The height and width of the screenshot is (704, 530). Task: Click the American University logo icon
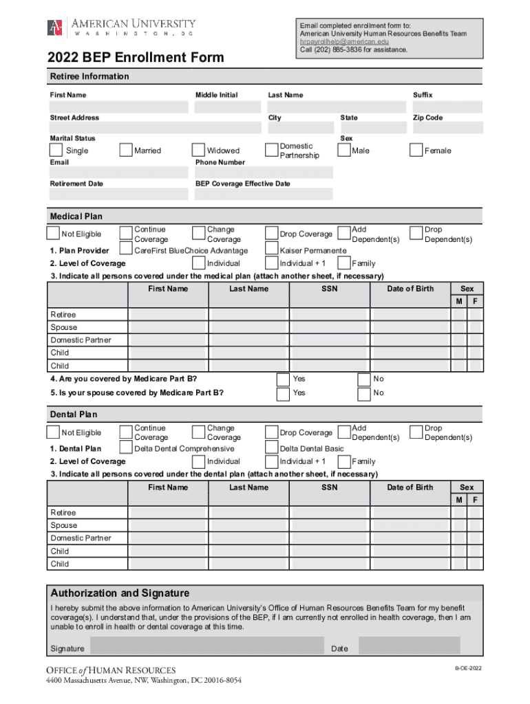[55, 28]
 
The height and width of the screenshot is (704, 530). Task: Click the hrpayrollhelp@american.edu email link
[344, 42]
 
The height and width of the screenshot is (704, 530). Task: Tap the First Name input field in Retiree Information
[118, 107]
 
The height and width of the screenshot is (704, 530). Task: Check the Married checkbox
[125, 151]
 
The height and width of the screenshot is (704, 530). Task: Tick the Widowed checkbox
[199, 151]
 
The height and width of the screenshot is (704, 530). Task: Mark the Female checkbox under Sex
[416, 150]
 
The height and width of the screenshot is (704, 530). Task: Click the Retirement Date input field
[118, 195]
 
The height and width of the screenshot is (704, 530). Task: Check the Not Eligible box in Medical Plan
[53, 234]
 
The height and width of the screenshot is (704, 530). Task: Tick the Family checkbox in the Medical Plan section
[344, 263]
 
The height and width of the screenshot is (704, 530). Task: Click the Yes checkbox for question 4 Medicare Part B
[283, 379]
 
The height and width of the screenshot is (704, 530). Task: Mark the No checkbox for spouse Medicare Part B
[364, 394]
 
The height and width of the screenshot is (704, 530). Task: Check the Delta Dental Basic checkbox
[272, 448]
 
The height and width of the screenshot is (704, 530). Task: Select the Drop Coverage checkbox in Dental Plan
[272, 432]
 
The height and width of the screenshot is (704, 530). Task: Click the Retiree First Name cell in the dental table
[168, 513]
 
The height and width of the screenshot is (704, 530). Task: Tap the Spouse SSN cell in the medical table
[330, 328]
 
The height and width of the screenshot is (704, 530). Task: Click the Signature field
[206, 646]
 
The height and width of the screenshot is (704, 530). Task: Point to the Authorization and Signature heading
[120, 593]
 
